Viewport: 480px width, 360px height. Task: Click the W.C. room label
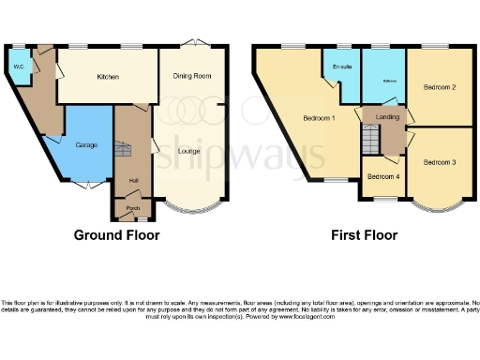pos(19,67)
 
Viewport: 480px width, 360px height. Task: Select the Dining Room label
pos(191,76)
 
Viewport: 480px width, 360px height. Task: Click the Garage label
pos(74,145)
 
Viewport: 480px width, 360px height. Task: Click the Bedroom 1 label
pos(319,118)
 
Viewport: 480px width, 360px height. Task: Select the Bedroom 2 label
pos(439,87)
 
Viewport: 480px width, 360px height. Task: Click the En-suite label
pos(341,67)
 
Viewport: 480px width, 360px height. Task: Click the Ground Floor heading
pos(116,235)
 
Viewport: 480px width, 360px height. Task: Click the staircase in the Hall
pos(122,150)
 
